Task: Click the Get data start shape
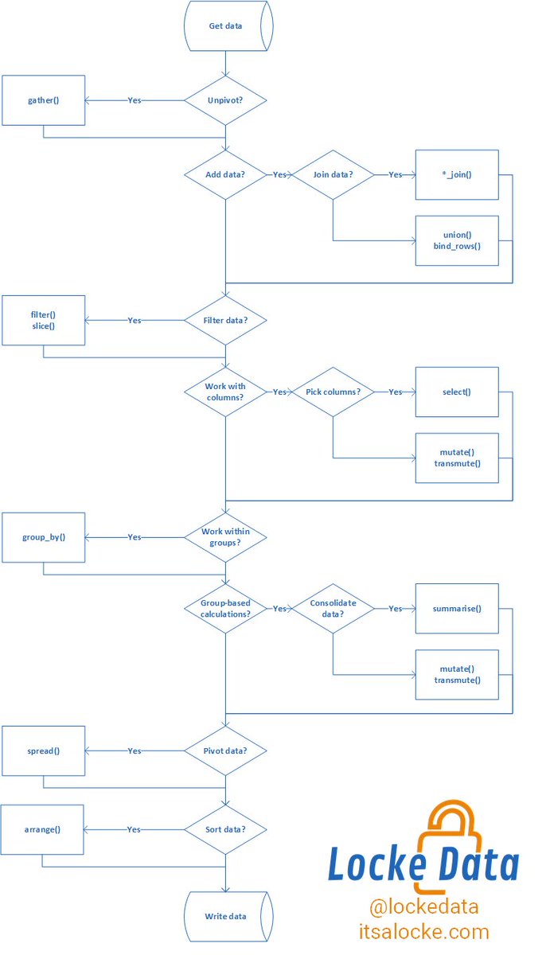pos(226,26)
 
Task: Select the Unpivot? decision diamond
pos(225,100)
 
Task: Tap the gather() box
pos(43,100)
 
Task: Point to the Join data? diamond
pos(332,174)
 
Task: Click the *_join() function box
pos(457,174)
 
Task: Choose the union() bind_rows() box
pos(457,240)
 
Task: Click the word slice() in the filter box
pos(43,327)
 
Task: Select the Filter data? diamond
pos(225,320)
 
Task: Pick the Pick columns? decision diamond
pos(332,392)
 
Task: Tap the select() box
pos(457,392)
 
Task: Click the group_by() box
pos(43,537)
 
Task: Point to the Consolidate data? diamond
pos(332,609)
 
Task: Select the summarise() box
pos(457,609)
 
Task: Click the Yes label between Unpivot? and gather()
pos(135,101)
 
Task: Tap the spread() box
pos(43,750)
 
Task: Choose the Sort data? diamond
pos(225,829)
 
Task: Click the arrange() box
pos(43,829)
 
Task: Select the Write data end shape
pos(227,917)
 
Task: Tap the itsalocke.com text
pos(423,931)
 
